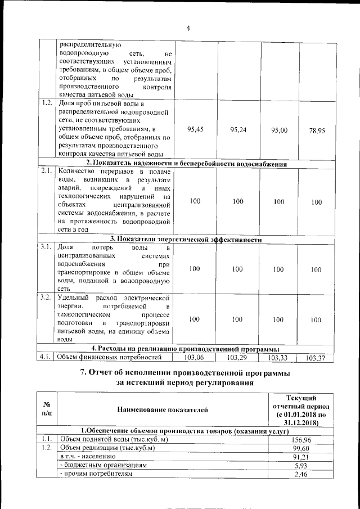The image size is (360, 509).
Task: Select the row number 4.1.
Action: click(47, 357)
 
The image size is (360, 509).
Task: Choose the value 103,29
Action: click(237, 357)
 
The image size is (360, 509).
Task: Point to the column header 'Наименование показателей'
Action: click(163, 411)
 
